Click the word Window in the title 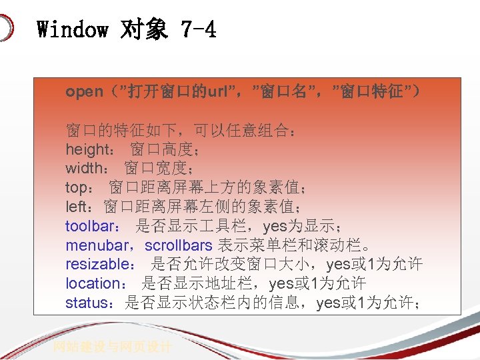click(x=72, y=29)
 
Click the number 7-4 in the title click(x=199, y=29)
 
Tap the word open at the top click(x=84, y=92)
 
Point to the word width click(x=84, y=169)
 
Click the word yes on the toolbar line click(x=276, y=227)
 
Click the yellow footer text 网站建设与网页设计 click(x=113, y=347)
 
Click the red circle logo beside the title click(x=5, y=29)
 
